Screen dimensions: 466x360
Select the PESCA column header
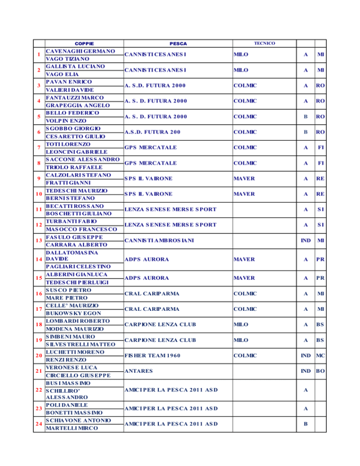point(179,43)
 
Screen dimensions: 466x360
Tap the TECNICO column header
point(264,43)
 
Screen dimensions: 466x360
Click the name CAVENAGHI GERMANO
point(81,51)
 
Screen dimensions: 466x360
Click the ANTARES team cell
point(138,371)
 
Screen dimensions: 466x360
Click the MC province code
point(321,355)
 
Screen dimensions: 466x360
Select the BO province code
point(321,371)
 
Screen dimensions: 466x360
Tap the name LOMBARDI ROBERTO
point(77,321)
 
